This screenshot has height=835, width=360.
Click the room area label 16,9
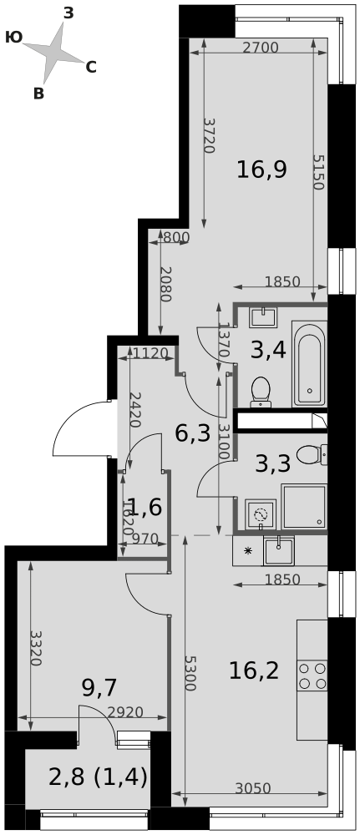(x=262, y=170)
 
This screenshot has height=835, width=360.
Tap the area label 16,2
(x=253, y=671)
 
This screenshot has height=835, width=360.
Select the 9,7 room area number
(x=99, y=688)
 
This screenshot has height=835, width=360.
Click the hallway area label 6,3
(x=193, y=434)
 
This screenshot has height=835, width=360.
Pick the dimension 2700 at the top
(x=261, y=48)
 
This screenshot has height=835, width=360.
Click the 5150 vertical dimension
(x=318, y=172)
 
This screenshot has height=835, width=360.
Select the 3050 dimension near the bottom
(x=253, y=788)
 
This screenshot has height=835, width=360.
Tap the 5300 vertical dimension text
(x=190, y=673)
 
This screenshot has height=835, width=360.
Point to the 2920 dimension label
(x=125, y=712)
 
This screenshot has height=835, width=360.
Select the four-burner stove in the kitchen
(x=312, y=676)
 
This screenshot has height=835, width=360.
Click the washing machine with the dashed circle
(x=261, y=515)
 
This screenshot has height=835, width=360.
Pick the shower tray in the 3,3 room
(x=303, y=507)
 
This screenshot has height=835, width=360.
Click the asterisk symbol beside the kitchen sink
(x=247, y=551)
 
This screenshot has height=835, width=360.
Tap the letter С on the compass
(x=90, y=68)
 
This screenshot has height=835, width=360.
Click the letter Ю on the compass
(x=13, y=37)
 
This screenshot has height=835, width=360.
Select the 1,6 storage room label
(x=145, y=508)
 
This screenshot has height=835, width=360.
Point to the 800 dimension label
(x=175, y=237)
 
